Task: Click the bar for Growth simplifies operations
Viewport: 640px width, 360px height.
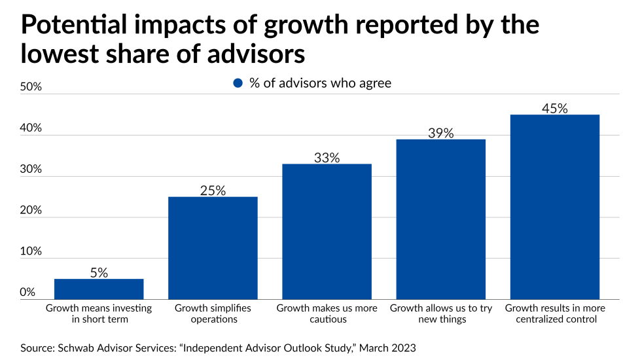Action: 213,247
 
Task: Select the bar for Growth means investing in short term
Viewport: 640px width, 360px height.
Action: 99,289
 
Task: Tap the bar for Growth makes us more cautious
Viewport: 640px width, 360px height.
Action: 327,231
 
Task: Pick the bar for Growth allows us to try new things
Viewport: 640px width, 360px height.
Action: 440,219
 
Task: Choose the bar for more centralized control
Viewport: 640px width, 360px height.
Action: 554,206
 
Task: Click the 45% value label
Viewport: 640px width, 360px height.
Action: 554,108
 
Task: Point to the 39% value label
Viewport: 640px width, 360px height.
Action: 440,133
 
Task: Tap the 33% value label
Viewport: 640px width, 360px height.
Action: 327,158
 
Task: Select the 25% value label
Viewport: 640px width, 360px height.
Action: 213,190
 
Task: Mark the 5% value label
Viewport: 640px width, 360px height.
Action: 99,272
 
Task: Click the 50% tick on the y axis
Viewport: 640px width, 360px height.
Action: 31,87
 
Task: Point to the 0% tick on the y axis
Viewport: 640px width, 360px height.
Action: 27,292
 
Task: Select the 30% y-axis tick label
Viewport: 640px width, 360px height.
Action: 31,169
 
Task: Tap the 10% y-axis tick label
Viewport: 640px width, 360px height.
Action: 31,251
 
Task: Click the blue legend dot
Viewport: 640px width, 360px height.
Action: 238,83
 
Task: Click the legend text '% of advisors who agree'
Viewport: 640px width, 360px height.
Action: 320,83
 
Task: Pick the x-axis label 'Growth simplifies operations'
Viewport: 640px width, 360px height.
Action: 213,314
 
